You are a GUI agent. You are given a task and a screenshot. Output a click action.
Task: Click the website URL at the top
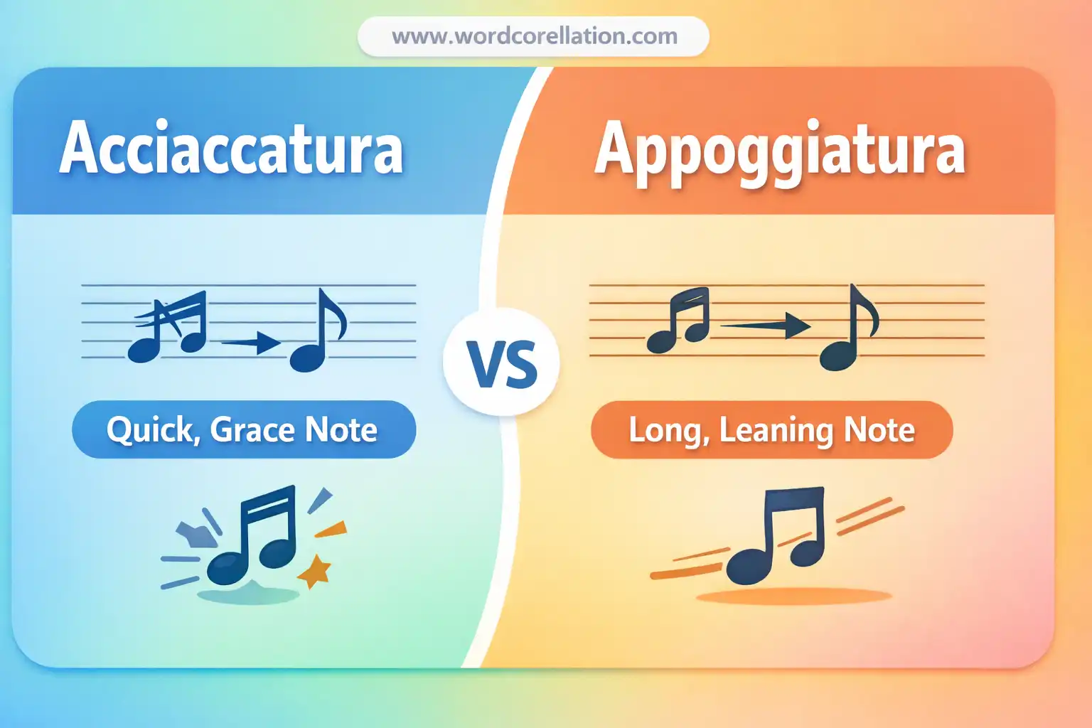point(534,36)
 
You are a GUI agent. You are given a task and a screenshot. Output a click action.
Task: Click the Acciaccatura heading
point(232,149)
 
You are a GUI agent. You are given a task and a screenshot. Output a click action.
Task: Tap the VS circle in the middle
point(502,363)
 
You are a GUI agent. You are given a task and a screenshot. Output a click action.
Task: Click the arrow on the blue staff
point(252,343)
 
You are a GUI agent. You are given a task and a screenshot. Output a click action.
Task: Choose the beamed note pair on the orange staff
point(680,321)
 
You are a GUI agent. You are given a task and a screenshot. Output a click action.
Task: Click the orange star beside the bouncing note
point(314,570)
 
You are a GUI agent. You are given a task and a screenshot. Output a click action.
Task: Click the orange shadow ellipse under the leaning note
point(793,596)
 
